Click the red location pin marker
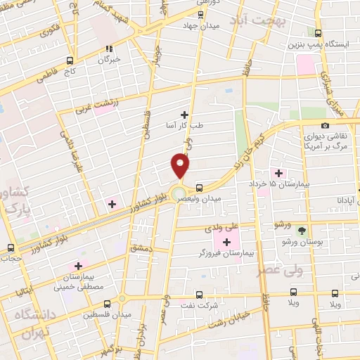pyautogui.click(x=181, y=166)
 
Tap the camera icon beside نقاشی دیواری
pyautogui.click(x=325, y=125)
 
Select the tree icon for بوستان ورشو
pyautogui.click(x=302, y=230)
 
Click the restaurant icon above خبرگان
pyautogui.click(x=109, y=49)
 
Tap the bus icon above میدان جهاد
pyautogui.click(x=200, y=14)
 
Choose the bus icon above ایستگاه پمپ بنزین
pyautogui.click(x=318, y=32)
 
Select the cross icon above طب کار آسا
pyautogui.click(x=185, y=114)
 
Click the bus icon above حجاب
pyautogui.click(x=10, y=247)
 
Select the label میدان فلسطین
pyautogui.click(x=107, y=314)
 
